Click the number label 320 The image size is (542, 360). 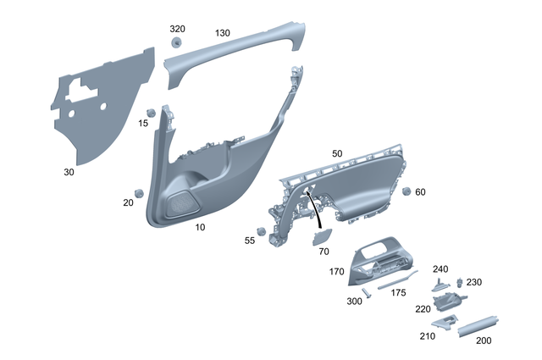coord(177,29)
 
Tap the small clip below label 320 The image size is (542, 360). coord(177,43)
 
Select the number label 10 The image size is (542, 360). coord(200,228)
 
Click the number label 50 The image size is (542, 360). coord(337,153)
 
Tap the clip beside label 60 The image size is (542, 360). coord(406,191)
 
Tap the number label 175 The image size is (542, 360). coord(398,292)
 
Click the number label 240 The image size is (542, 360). coord(440,269)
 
